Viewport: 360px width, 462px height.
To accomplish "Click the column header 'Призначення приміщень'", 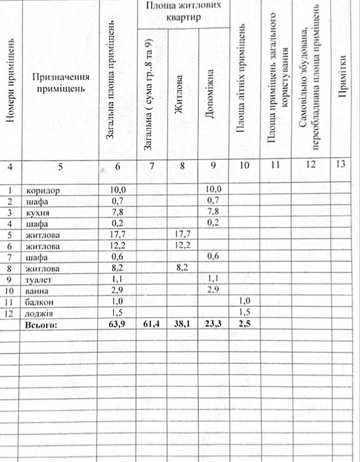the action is coord(60,83).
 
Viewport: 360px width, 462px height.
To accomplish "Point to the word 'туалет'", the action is coord(39,280).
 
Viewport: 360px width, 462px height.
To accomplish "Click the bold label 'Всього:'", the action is coord(42,325).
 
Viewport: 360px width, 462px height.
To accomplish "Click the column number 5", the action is coord(60,165).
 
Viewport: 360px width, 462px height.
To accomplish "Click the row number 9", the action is coord(10,280).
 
